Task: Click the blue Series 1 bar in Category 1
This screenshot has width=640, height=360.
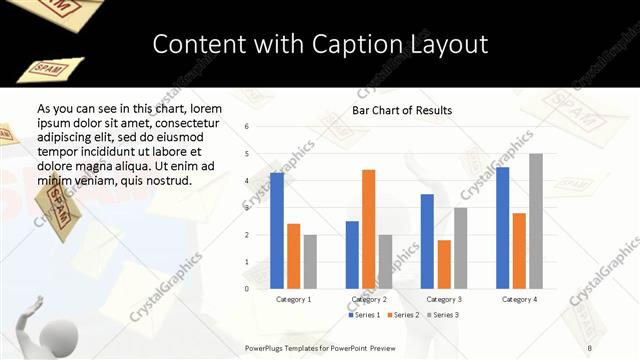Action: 276,231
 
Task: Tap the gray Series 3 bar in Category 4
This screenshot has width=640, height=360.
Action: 536,221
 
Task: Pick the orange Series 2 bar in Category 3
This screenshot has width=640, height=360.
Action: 444,264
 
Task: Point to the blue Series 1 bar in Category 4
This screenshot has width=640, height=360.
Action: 502,228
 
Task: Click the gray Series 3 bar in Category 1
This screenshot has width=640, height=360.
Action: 310,262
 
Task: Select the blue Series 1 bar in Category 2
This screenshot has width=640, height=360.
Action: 352,255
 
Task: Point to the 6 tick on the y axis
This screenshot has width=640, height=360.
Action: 247,127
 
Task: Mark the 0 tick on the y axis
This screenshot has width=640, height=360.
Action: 247,289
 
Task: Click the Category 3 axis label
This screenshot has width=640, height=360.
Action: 444,299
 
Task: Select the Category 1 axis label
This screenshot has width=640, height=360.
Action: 293,299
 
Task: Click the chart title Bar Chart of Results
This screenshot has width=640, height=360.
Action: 402,110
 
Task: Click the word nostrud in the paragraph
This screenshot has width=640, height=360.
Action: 166,181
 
